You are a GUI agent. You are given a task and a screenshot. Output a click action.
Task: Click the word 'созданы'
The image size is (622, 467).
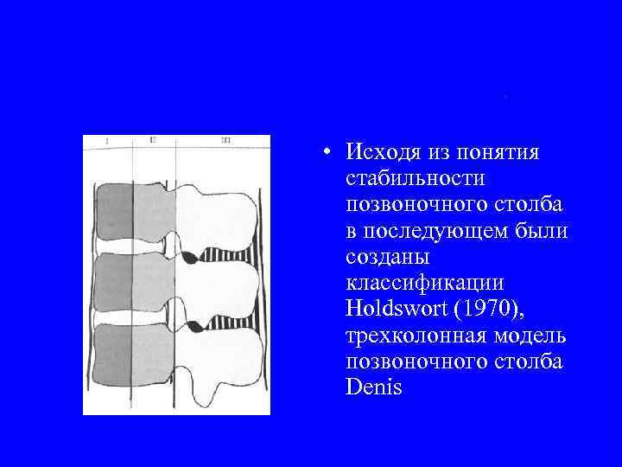[x=386, y=258]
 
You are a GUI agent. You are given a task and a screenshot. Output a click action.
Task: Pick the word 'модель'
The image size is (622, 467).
[x=530, y=336]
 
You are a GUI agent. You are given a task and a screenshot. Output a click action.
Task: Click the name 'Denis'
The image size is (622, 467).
[x=373, y=387]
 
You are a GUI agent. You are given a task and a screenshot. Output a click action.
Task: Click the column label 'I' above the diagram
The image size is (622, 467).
[x=106, y=141]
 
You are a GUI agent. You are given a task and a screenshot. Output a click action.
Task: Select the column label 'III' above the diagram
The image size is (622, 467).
[x=225, y=139]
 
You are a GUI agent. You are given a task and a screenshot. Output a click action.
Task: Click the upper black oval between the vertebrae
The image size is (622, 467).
[x=188, y=257]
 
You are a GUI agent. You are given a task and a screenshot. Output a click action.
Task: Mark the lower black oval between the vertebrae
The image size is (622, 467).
[x=195, y=327]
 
